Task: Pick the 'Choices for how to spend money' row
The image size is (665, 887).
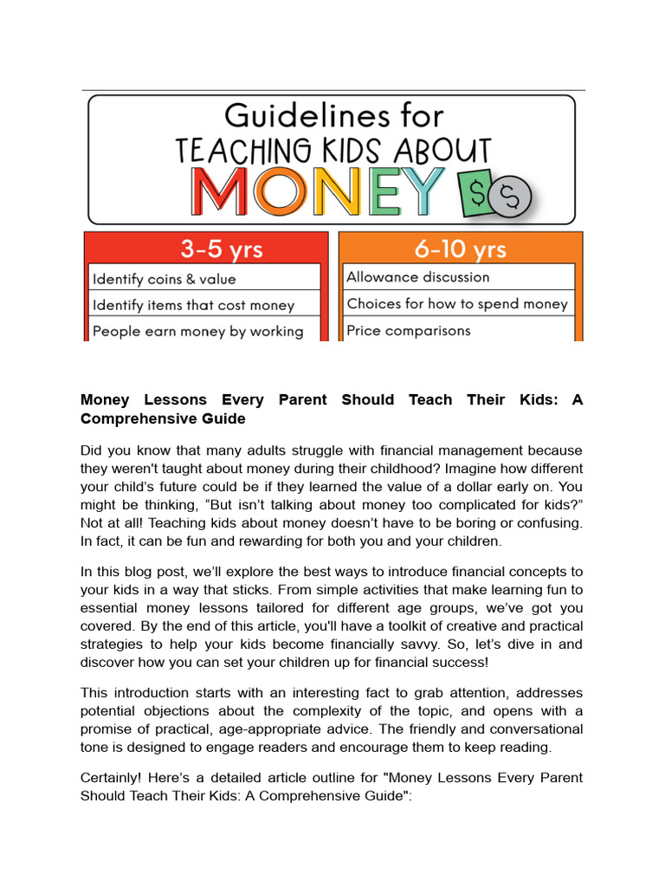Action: coord(456,303)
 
